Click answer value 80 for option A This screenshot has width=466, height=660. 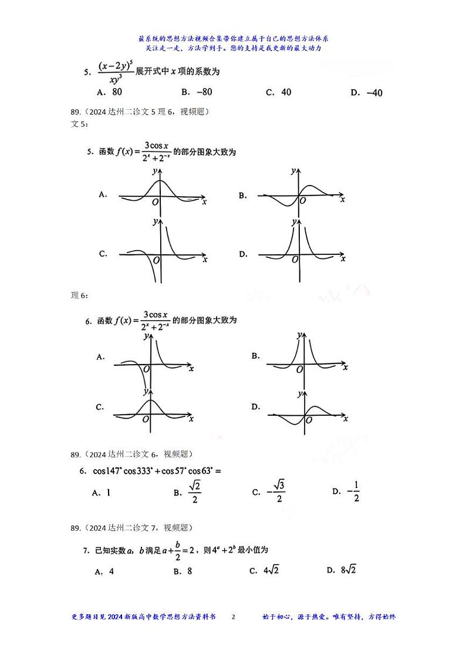click(116, 92)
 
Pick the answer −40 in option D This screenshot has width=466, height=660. click(374, 93)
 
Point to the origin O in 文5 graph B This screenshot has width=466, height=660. click(303, 201)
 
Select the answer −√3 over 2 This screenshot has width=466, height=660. click(276, 492)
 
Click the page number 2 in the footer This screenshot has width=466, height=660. click(234, 617)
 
